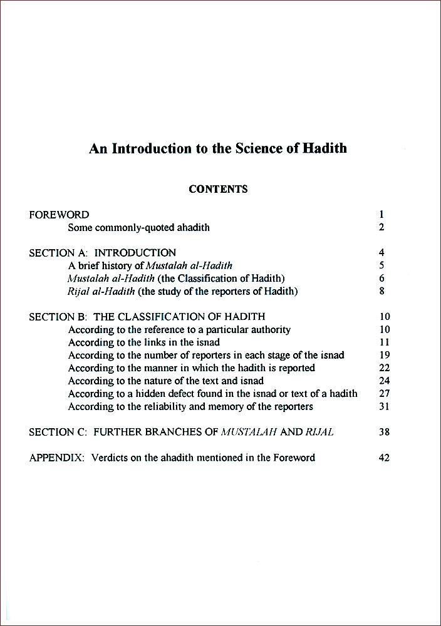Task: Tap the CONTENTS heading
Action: [218, 189]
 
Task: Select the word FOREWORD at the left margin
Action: [59, 215]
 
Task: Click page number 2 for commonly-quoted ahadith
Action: [381, 228]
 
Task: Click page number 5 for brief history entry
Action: [381, 265]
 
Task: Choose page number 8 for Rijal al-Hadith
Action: [381, 291]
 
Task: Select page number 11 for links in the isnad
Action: [384, 342]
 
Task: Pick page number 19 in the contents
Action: [384, 355]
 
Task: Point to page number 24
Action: [384, 381]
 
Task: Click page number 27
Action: [384, 394]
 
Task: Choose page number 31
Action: [384, 407]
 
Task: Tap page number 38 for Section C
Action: [384, 432]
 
